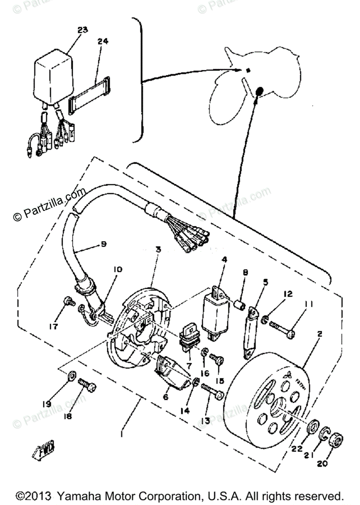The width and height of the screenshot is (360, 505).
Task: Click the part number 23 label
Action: point(82,29)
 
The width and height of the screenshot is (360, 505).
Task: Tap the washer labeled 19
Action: point(71,375)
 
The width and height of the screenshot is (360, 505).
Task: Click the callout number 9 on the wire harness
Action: point(103,244)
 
